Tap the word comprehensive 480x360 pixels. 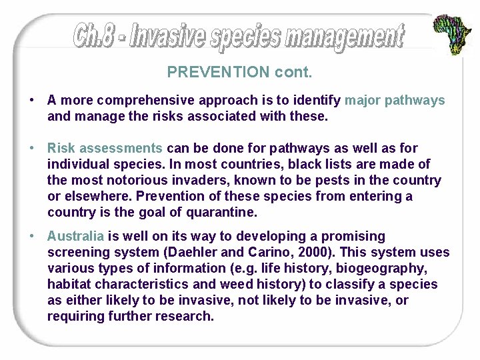139,101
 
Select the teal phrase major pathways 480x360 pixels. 395,101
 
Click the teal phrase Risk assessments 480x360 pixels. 105,148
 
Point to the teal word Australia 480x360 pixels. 75,236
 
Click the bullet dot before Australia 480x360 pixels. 32,236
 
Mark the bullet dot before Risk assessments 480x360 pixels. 32,148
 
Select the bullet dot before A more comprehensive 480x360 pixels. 32,101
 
